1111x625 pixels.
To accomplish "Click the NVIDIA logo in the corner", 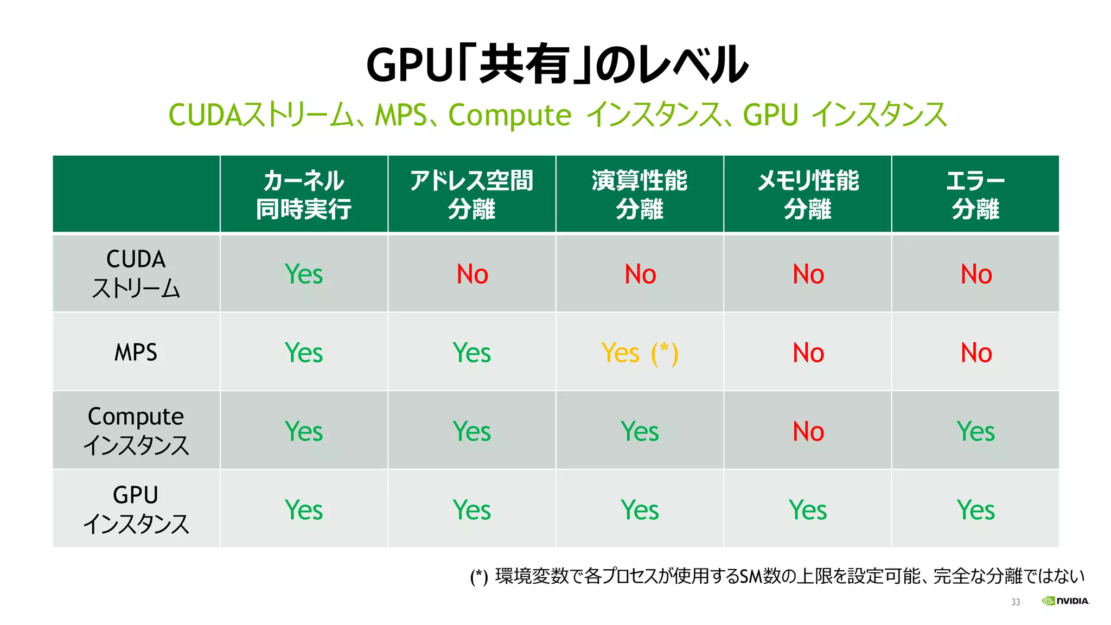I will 1065,601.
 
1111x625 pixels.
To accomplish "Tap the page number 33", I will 1016,602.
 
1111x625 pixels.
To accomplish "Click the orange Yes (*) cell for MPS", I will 640,353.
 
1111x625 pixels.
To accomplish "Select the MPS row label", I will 136,353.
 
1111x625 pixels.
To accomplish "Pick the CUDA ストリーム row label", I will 136,273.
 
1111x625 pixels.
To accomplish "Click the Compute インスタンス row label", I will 136,431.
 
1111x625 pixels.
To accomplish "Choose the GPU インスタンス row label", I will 136,509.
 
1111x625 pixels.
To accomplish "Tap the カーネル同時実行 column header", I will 304,194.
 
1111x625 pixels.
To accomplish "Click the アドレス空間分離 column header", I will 471,194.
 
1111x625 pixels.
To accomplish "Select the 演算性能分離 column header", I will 640,194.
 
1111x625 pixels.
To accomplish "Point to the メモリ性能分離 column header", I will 808,194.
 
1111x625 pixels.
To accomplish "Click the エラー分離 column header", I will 975,194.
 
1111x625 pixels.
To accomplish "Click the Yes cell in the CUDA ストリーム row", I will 304,274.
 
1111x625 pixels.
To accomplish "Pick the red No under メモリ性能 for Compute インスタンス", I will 808,431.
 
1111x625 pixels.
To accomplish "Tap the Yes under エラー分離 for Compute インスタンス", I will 975,431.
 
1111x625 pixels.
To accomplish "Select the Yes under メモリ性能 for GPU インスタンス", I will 808,510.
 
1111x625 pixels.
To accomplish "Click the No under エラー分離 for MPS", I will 975,353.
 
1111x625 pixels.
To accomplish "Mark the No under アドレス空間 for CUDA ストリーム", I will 472,274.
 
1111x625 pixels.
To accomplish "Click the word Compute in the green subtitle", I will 509,115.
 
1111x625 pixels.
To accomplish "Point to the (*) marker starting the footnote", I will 478,577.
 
